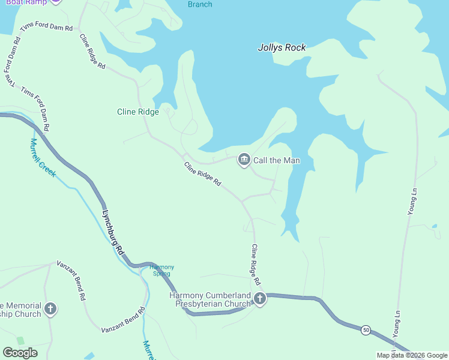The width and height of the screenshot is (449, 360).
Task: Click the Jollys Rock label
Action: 282,47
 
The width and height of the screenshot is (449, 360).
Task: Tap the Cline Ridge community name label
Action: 137,112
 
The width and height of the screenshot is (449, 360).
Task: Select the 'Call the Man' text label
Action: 276,160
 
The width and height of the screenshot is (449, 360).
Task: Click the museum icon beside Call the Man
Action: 244,160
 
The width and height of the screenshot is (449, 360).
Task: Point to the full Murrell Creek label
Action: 43,158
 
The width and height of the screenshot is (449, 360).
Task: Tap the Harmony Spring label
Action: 161,270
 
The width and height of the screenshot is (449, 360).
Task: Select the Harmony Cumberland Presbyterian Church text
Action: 209,299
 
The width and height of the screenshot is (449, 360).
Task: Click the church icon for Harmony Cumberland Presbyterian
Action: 259,298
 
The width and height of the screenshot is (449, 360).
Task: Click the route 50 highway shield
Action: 365,329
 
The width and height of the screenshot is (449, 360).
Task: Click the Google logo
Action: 20,352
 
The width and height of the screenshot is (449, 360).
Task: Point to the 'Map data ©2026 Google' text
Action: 412,355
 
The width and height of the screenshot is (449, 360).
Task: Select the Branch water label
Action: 200,4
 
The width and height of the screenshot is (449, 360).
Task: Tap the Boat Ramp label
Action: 25,2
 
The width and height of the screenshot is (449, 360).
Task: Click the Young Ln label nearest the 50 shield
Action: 396,324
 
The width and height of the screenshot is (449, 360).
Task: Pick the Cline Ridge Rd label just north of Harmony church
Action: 256,264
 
